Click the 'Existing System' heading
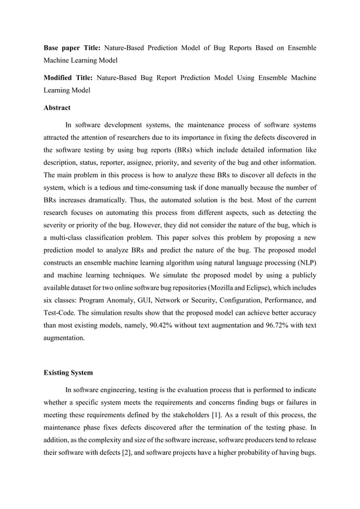click(69, 372)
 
